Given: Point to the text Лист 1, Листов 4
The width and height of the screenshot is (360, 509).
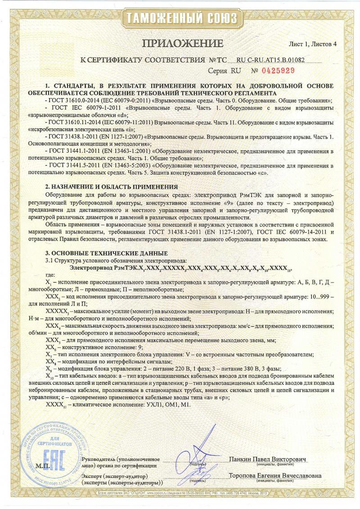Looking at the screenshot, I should pos(312,45).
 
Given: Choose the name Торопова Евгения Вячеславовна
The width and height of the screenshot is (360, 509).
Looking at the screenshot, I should pos(275,476).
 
